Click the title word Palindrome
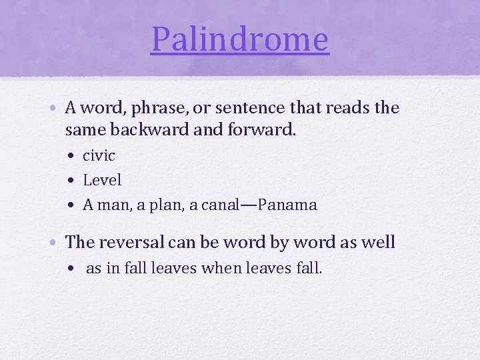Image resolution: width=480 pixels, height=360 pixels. click(x=240, y=39)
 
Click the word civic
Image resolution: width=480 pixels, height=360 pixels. click(x=99, y=156)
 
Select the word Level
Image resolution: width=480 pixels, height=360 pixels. click(x=102, y=180)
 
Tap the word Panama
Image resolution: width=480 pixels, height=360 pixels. click(x=287, y=205)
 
